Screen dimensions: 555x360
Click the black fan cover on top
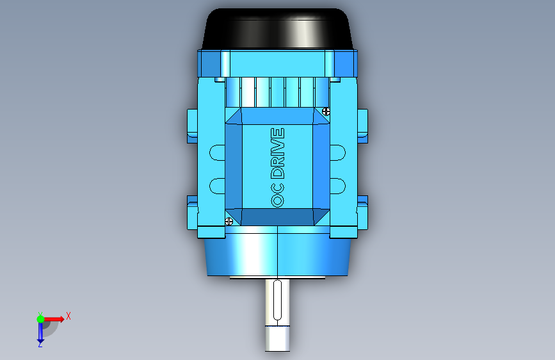(x=278, y=28)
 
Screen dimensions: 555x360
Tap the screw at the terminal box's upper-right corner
(x=326, y=111)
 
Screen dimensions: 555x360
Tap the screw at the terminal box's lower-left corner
(x=229, y=222)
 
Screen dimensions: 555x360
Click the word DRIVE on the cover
(x=278, y=153)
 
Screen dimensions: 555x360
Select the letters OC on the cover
(x=278, y=195)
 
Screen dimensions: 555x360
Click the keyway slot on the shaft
(x=278, y=300)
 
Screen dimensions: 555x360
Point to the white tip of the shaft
(x=278, y=338)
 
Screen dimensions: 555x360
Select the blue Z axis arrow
(x=40, y=333)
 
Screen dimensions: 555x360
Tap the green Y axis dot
(x=40, y=319)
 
